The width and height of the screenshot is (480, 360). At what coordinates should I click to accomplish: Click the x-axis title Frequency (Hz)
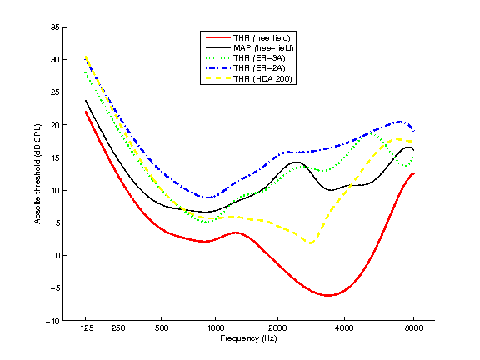click(x=248, y=338)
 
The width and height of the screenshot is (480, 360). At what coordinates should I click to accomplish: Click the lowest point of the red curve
click(x=329, y=295)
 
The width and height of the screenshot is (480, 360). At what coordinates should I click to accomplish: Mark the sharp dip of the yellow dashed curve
click(x=311, y=243)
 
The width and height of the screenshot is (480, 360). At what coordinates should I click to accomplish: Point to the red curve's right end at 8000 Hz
click(x=413, y=173)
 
